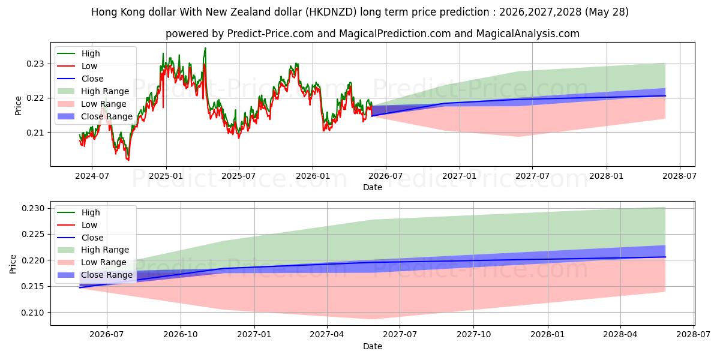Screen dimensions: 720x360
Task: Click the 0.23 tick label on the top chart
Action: pyautogui.click(x=35, y=64)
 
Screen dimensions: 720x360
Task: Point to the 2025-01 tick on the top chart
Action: pyautogui.click(x=166, y=176)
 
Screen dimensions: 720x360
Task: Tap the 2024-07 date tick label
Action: pyautogui.click(x=92, y=176)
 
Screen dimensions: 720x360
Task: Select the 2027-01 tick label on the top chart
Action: pyautogui.click(x=460, y=176)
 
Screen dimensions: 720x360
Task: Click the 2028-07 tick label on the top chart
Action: pyautogui.click(x=680, y=176)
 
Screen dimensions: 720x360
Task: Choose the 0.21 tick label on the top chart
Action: pyautogui.click(x=35, y=133)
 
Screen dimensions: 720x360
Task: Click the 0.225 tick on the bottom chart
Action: pyautogui.click(x=33, y=235)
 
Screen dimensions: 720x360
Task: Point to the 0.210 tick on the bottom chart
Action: pyautogui.click(x=33, y=313)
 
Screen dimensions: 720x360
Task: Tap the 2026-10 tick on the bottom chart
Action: pyautogui.click(x=181, y=335)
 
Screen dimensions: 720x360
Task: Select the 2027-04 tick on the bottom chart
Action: pyautogui.click(x=327, y=335)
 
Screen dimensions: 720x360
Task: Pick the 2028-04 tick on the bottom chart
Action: pyautogui.click(x=620, y=335)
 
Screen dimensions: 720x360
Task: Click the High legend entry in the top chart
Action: pyautogui.click(x=79, y=53)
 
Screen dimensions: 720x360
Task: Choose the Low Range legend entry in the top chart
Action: pyautogui.click(x=92, y=104)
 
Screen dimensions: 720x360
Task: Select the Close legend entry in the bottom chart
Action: pyautogui.click(x=80, y=238)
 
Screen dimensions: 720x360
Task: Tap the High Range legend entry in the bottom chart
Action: pyautogui.click(x=93, y=250)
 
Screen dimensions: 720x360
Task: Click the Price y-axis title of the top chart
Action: pyautogui.click(x=18, y=106)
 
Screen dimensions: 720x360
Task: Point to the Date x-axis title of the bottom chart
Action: pyautogui.click(x=373, y=346)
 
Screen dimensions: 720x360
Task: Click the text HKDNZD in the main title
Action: pyautogui.click(x=331, y=12)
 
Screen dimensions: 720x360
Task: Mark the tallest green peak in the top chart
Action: pyautogui.click(x=205, y=48)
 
